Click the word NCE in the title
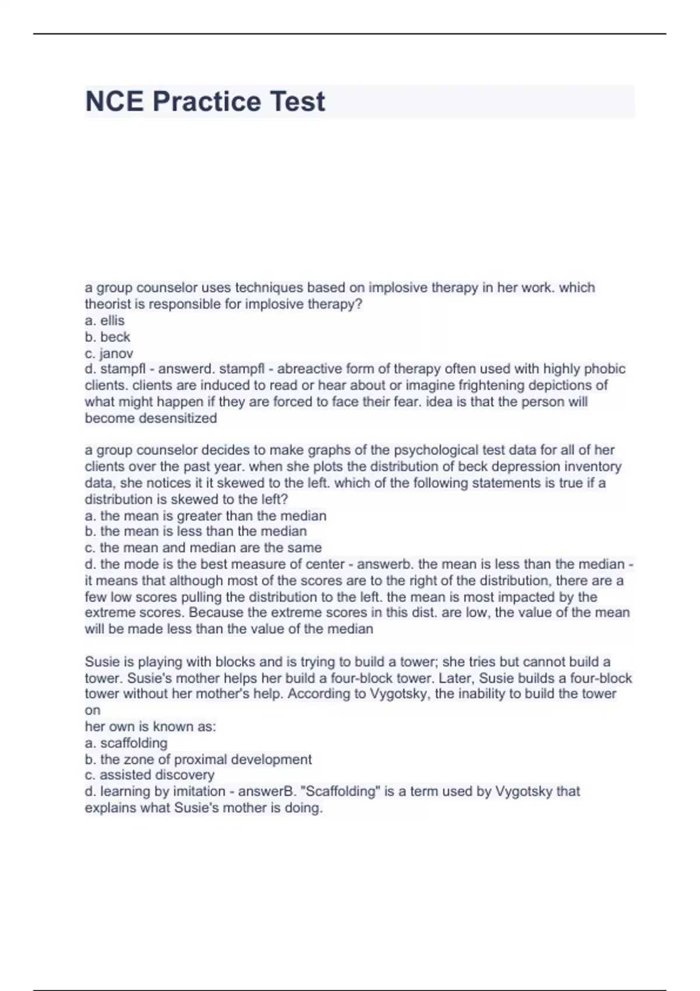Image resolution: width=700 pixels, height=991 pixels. [114, 101]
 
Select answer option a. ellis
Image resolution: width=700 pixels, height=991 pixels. [105, 321]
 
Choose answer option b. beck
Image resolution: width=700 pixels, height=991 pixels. [108, 337]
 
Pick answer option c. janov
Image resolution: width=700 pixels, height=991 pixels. [109, 353]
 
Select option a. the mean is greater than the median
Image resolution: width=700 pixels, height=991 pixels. [205, 516]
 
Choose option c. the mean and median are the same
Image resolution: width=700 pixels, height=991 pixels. [203, 548]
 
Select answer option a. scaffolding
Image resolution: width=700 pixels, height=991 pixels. [127, 743]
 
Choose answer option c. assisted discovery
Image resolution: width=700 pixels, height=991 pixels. [150, 775]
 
